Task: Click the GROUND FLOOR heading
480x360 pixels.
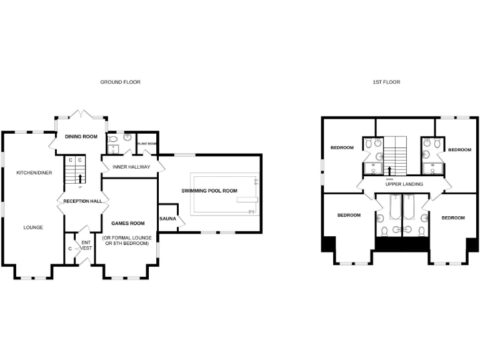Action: pos(120,82)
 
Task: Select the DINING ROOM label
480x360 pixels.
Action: pos(81,136)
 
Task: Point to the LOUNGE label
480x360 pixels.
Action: pos(33,227)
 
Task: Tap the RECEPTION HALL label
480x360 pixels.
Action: pos(82,201)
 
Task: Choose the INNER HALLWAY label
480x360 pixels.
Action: pos(131,167)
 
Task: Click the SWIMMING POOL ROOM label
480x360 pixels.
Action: pos(209,191)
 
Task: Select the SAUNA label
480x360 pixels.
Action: pos(168,218)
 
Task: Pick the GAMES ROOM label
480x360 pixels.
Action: pos(127,223)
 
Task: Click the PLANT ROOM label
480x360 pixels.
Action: pos(147,143)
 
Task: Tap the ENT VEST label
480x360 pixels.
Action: pos(86,246)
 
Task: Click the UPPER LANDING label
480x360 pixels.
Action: pos(404,184)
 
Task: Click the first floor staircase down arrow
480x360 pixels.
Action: pos(391,169)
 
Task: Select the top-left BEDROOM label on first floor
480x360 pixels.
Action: pos(342,147)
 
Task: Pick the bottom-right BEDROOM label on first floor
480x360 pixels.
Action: pos(453,217)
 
